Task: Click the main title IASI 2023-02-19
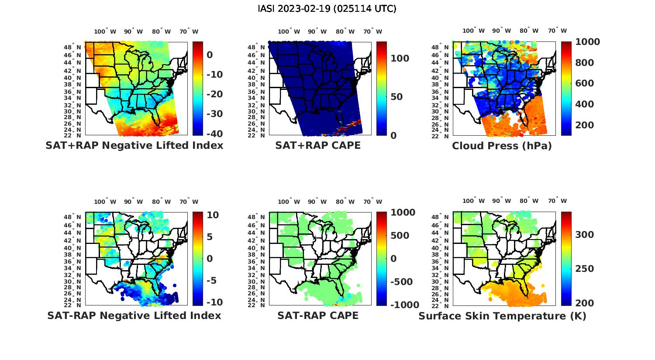coord(327,9)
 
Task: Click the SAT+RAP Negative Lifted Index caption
coord(134,146)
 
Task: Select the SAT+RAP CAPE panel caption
coord(318,146)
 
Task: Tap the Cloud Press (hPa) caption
coord(502,146)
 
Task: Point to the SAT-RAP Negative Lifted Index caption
coord(134,315)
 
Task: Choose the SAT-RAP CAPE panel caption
coord(318,315)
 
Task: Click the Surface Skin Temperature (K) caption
coord(502,315)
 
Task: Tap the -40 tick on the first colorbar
coord(214,134)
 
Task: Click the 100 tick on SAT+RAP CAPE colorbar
coord(400,58)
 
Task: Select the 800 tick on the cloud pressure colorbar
coord(584,62)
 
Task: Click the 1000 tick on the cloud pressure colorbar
coord(587,42)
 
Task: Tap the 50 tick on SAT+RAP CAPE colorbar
coord(396,97)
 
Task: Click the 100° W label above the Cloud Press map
coord(474,31)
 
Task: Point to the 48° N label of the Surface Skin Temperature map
coord(440,217)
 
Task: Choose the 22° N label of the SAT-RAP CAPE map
coord(256,305)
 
